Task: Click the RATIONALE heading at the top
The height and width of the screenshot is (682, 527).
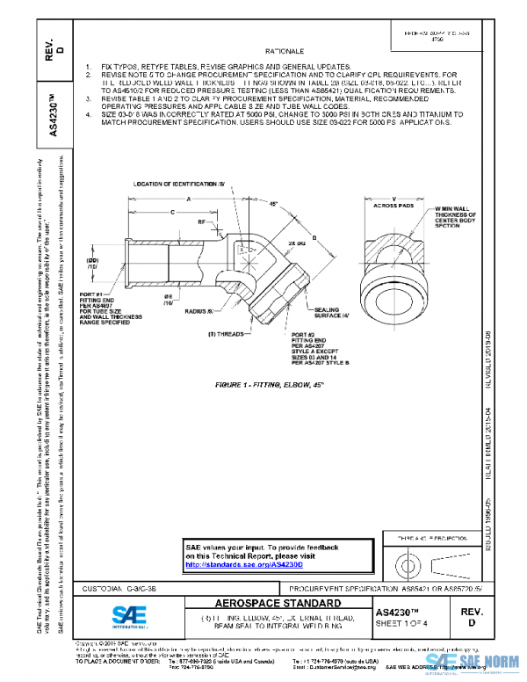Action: click(x=275, y=51)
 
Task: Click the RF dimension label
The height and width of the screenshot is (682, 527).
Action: click(x=202, y=223)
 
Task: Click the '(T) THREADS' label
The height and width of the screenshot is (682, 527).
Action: click(x=227, y=335)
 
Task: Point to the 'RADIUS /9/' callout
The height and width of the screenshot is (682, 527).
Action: click(x=202, y=311)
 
